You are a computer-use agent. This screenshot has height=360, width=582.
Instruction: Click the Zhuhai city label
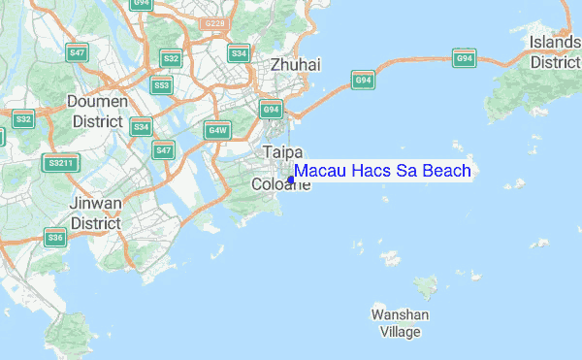tap(296, 64)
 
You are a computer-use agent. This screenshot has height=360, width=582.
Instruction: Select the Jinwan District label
tap(95, 213)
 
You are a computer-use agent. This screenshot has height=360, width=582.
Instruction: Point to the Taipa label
tap(283, 152)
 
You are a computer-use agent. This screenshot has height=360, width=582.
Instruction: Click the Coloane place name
tap(279, 184)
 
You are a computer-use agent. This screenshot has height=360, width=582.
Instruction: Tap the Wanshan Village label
tap(400, 323)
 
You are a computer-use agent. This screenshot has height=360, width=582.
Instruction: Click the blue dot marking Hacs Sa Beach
tap(291, 180)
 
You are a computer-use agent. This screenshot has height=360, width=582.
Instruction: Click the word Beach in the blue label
tap(438, 171)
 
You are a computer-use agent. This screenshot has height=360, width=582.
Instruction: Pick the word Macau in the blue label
tap(318, 171)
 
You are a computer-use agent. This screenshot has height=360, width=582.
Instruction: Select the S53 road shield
tap(162, 85)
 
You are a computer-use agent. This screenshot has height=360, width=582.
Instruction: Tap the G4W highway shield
tap(216, 130)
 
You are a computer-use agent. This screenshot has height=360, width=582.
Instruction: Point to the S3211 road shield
tap(60, 163)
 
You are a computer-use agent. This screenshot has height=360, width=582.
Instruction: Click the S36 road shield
tap(54, 238)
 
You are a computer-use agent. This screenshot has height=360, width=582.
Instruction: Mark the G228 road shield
tap(213, 22)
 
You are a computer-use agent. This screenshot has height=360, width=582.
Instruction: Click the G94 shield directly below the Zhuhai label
tap(272, 110)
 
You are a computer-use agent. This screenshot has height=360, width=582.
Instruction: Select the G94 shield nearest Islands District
tap(465, 58)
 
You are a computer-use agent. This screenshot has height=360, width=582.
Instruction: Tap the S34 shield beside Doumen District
tap(142, 127)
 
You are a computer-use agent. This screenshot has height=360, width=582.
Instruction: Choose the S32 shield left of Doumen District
tap(23, 119)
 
